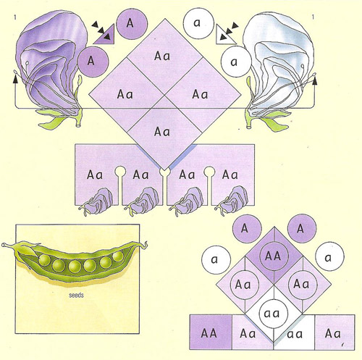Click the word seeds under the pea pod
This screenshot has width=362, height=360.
[76, 295]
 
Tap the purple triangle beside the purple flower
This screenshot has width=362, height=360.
[104, 35]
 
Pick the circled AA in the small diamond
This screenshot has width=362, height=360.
[274, 256]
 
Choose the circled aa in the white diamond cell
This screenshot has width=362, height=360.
[274, 314]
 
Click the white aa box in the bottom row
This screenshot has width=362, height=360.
[294, 332]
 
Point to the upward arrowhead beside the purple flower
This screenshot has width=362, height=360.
[15, 79]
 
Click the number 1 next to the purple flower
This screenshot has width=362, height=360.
[15, 17]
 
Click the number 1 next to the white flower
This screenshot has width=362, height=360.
[313, 17]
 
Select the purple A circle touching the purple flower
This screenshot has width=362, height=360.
[93, 62]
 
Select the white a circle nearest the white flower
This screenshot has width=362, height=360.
[236, 62]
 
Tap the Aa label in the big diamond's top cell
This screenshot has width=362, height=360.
[162, 56]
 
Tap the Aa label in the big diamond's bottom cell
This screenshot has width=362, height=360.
[162, 132]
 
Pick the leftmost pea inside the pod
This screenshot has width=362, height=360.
[45, 260]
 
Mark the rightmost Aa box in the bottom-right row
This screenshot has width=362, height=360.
[334, 332]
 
